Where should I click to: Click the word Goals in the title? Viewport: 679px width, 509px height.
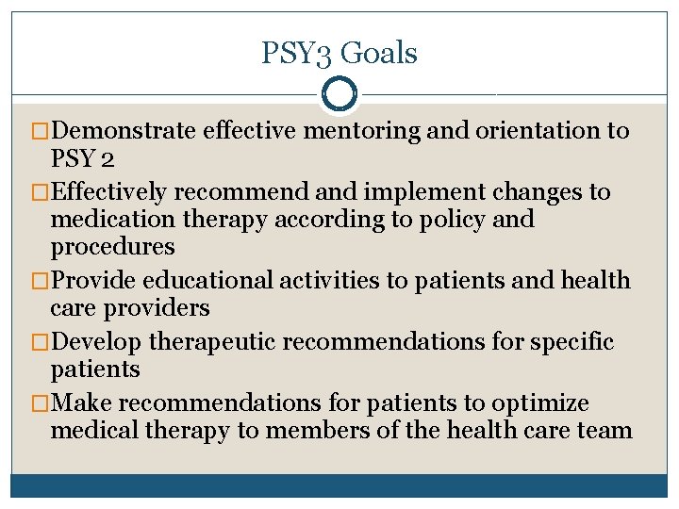pos(378,54)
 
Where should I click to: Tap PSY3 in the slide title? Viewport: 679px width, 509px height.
pos(297,54)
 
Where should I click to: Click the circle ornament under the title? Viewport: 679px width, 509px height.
pos(339,94)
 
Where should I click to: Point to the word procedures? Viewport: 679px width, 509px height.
pos(112,247)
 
